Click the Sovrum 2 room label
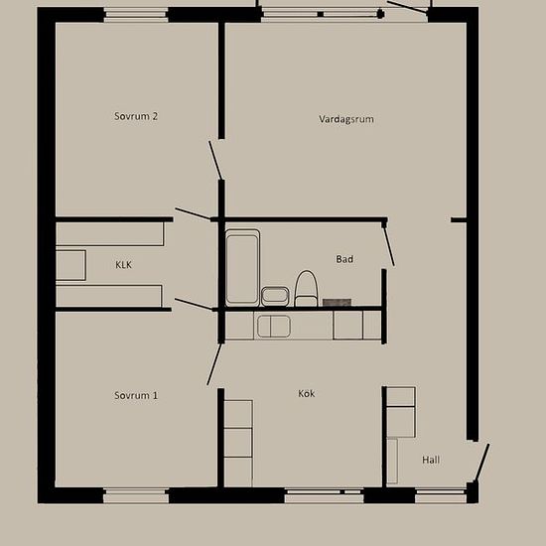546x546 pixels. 136,116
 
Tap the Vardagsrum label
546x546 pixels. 346,119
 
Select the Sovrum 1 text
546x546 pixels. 136,395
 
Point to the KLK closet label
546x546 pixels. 124,265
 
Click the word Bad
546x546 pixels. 344,259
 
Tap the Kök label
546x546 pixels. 307,393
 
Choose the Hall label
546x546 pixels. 431,460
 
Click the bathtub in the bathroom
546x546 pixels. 242,267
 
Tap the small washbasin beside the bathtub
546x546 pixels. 275,296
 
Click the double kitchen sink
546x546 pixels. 274,327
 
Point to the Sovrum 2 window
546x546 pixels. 136,15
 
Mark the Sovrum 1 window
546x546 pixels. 136,495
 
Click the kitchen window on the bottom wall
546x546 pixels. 325,495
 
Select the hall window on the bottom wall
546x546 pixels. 441,495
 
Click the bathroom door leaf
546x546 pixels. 388,245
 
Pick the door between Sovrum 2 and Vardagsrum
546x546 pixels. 215,161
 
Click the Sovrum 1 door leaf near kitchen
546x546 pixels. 214,364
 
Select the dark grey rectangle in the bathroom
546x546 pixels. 337,303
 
